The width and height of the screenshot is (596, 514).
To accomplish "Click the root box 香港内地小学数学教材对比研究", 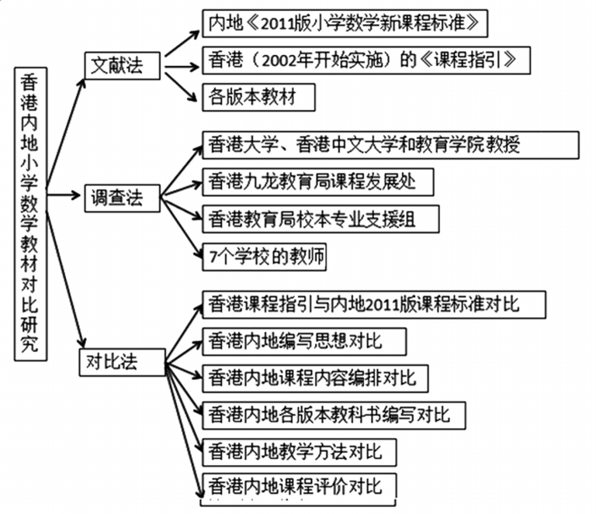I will click(x=30, y=214).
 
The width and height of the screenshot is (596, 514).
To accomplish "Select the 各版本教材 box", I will click(x=249, y=97).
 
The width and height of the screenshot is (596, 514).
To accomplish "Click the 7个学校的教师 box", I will click(x=263, y=257).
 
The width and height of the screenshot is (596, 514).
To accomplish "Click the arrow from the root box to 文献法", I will click(x=65, y=116).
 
